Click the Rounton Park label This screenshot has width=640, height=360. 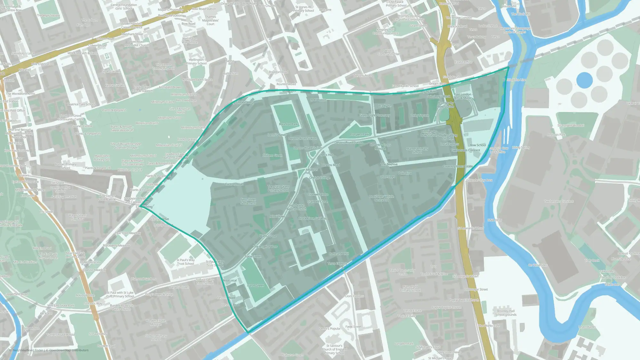point(288,124)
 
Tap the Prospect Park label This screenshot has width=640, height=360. point(359,134)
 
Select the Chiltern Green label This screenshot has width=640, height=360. point(272,156)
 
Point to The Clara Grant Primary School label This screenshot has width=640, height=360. point(278,188)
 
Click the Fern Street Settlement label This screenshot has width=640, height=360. point(248,201)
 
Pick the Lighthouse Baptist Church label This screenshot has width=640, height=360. point(296,207)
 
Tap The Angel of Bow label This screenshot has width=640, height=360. point(265,247)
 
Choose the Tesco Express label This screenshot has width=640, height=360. point(337,264)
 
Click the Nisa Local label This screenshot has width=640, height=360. point(229,281)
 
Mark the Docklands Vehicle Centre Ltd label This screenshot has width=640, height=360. point(381,198)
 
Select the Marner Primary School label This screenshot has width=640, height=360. point(417,150)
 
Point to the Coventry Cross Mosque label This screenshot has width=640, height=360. point(380,147)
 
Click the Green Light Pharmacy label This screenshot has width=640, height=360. point(374,115)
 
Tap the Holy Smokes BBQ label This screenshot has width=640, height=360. point(241,103)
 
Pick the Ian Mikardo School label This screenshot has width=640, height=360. point(405,86)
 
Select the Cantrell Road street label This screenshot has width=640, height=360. point(234,184)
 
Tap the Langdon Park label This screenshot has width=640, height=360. point(404,344)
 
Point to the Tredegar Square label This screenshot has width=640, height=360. point(48,15)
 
